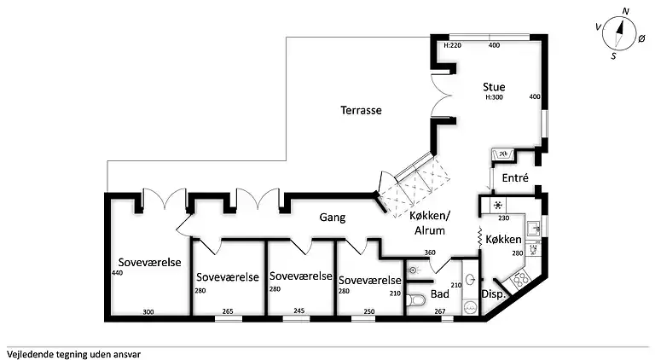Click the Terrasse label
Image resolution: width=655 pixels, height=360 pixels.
[361, 110]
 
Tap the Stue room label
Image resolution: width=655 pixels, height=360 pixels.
[494, 87]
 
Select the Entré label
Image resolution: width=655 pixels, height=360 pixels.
[515, 178]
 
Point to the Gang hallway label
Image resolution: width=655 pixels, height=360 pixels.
[333, 218]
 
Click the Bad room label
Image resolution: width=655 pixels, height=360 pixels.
[440, 294]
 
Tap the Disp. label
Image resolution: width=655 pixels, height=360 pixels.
[493, 294]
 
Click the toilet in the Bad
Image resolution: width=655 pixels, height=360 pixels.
[415, 300]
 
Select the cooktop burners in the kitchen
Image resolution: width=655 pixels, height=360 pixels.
[520, 279]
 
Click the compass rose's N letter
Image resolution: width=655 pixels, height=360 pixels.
[625, 12]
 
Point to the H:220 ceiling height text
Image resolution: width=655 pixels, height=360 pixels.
[452, 45]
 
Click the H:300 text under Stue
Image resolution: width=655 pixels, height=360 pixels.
[494, 97]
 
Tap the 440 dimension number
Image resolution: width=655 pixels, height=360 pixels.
[117, 273]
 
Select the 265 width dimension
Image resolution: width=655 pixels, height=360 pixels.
[228, 311]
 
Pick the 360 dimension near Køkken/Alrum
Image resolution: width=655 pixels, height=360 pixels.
[430, 253]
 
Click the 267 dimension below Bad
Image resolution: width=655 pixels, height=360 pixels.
[440, 311]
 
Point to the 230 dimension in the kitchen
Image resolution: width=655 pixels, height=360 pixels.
[504, 218]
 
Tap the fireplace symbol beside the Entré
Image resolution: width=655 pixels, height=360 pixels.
[503, 154]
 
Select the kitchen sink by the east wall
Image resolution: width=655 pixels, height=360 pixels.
[532, 229]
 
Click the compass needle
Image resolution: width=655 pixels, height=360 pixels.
[618, 33]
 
